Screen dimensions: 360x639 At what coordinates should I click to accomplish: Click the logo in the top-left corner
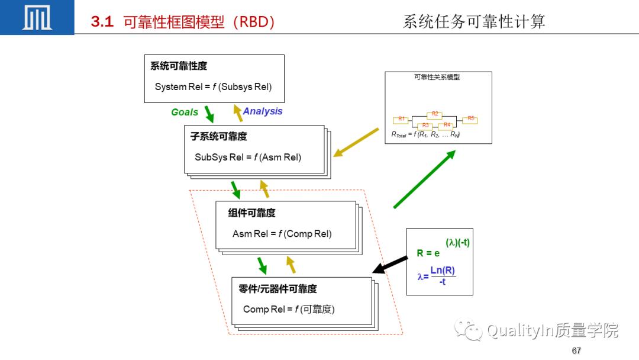[x=37, y=17]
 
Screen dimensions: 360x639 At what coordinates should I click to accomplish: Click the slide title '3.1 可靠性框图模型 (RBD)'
[x=183, y=22]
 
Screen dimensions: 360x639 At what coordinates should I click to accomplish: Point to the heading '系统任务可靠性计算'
[x=473, y=21]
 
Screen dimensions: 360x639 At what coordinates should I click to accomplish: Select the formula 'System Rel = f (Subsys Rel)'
[x=213, y=86]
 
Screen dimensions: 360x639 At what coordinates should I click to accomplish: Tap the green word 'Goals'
[x=185, y=112]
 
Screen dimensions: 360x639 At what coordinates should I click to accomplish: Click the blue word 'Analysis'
[x=263, y=111]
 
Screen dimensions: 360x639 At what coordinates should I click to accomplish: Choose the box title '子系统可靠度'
[x=218, y=136]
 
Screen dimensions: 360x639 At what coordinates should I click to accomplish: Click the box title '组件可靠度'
[x=251, y=213]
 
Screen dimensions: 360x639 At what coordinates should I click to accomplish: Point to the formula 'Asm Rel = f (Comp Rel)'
[x=282, y=233]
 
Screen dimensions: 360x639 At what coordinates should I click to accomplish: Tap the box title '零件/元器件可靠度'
[x=277, y=288]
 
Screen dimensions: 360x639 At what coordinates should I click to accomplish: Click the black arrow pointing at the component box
[x=390, y=265]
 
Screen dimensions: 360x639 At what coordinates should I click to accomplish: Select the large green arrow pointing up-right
[x=424, y=179]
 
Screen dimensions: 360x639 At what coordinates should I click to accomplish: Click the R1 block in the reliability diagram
[x=401, y=120]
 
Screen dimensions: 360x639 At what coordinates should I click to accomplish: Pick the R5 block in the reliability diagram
[x=470, y=119]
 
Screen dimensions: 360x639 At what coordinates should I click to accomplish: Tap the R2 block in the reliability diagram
[x=435, y=114]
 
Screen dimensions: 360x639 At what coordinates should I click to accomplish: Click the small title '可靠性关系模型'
[x=437, y=78]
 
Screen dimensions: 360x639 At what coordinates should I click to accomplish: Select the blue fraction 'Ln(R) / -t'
[x=443, y=276]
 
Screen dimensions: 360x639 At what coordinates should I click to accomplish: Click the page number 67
[x=576, y=351]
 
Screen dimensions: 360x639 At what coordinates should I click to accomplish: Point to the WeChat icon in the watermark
[x=469, y=330]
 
